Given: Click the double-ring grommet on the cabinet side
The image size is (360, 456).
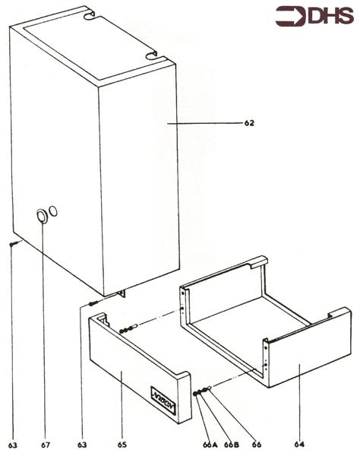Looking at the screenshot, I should (41, 217).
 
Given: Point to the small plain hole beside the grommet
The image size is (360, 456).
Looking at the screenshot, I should (54, 211).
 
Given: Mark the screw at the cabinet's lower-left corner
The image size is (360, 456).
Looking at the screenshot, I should (13, 244).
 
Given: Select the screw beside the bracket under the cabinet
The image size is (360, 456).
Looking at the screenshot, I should (92, 302).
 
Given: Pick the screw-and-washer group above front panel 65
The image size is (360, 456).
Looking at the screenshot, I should (127, 330).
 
